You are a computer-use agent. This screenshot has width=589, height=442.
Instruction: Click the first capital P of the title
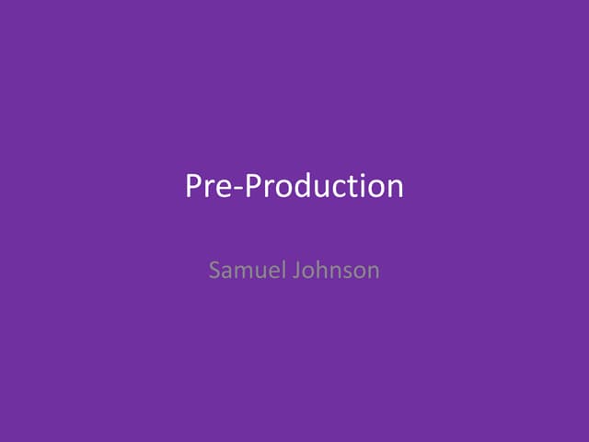(x=194, y=186)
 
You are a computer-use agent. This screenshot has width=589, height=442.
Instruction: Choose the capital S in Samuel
(x=215, y=272)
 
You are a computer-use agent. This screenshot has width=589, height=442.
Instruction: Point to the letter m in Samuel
(x=242, y=273)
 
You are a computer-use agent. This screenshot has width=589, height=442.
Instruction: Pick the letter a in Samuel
(x=227, y=273)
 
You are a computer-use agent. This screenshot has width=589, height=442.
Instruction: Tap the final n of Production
(x=394, y=189)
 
